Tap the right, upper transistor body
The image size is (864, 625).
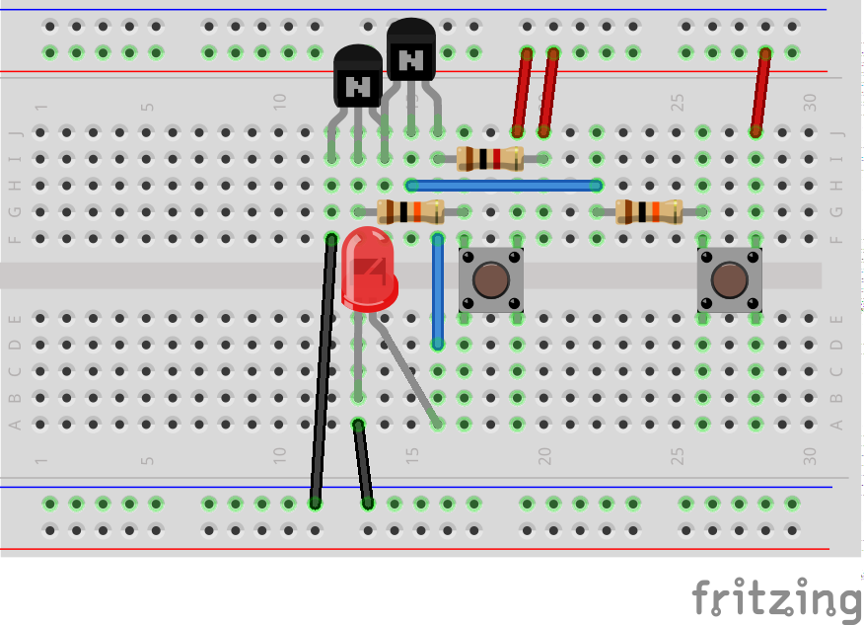[x=411, y=51]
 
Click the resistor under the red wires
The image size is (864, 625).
[x=490, y=158]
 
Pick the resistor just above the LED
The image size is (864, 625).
[x=411, y=211]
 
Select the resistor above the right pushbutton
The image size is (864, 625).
[x=648, y=211]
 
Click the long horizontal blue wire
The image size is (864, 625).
[x=504, y=185]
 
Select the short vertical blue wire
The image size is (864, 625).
[x=438, y=291]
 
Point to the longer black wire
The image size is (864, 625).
[x=323, y=370]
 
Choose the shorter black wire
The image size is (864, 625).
[x=363, y=463]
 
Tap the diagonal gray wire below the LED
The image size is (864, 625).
[x=405, y=370]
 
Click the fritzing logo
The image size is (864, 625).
[x=776, y=598]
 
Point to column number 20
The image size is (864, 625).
[x=543, y=456]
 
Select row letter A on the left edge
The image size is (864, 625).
[x=15, y=425]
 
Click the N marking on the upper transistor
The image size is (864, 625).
[x=411, y=59]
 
